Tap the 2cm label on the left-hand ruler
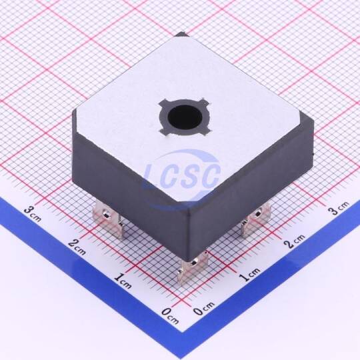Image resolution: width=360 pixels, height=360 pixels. point(77,247)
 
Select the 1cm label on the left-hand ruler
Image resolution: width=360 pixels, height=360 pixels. point(123,281)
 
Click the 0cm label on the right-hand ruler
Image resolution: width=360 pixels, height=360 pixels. point(204,308)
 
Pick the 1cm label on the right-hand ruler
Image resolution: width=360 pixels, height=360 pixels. point(249,274)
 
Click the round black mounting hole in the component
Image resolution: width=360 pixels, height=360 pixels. point(185,117)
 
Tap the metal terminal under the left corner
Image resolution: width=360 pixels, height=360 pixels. point(107,218)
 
